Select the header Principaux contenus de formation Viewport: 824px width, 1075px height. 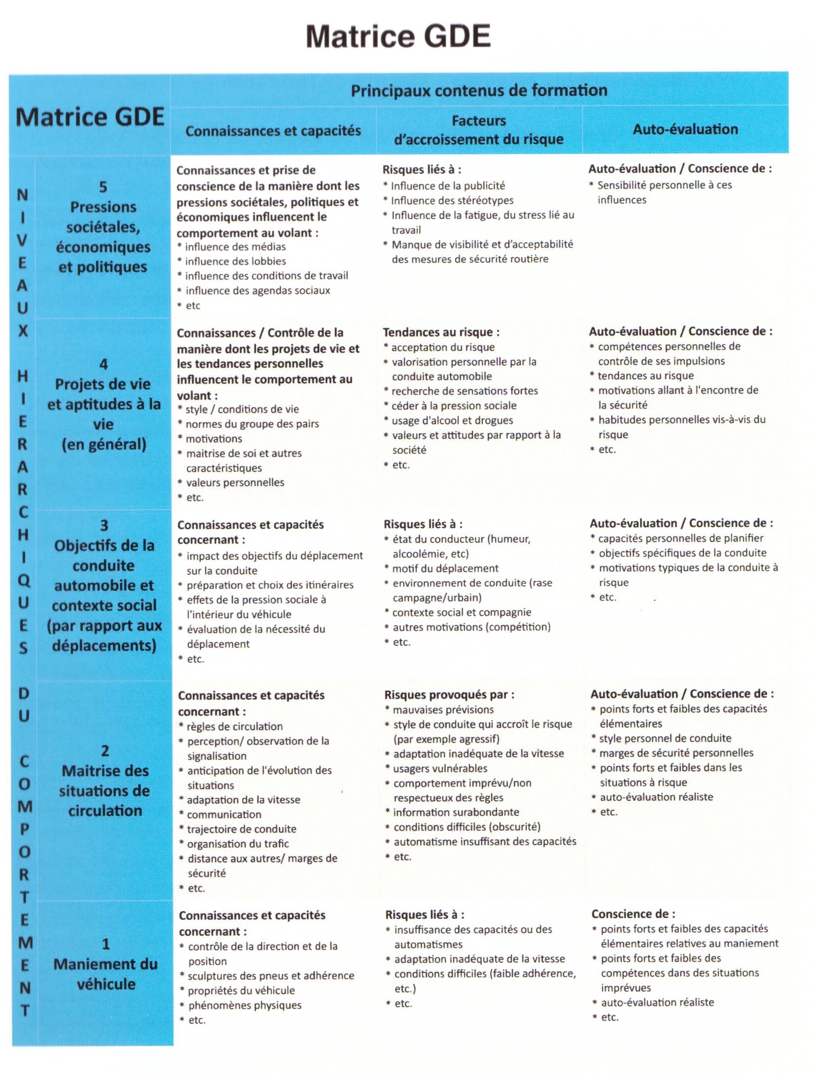pos(479,90)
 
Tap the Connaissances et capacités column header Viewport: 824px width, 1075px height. pos(273,131)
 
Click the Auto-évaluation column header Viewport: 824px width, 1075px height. pos(685,129)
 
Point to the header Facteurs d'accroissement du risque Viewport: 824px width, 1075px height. pos(479,130)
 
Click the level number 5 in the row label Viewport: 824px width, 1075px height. pos(103,187)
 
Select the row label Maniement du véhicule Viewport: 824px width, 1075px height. pos(105,974)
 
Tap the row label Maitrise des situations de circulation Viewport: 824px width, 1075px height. pos(105,790)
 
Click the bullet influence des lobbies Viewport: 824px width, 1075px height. pos(235,261)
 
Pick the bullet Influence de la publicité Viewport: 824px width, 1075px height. pos(448,186)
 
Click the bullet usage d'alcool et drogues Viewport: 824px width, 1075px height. pos(452,420)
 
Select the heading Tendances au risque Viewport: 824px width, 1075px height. pos(441,332)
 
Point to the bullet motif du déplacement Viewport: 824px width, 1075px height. pos(446,568)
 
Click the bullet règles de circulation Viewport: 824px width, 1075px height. pos(234,726)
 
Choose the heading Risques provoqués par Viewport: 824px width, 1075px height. pos(449,694)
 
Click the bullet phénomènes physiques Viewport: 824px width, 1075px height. pos(244,1005)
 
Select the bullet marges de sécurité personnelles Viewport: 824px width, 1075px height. pos(676,753)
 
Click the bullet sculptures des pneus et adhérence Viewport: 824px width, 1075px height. pos(271,976)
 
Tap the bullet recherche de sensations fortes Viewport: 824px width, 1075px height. pos(464,391)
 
